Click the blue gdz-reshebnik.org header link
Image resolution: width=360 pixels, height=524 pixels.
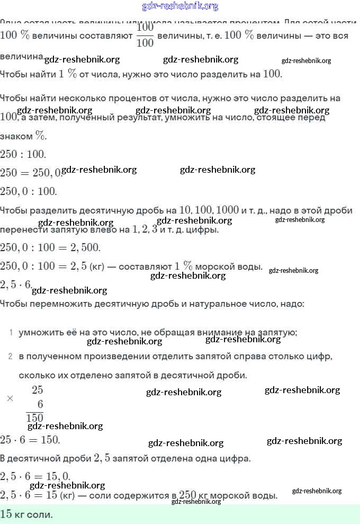180,6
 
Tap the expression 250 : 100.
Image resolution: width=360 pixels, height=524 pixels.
23,155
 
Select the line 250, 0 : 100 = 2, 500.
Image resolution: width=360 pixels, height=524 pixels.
50,247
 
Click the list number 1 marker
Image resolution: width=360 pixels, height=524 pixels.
11,333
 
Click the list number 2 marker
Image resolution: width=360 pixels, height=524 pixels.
11,356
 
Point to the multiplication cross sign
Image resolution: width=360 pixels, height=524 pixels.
10,398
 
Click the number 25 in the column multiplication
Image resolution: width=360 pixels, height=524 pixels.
37,390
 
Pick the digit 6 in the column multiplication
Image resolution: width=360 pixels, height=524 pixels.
40,404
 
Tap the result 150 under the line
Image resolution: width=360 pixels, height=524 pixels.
35,418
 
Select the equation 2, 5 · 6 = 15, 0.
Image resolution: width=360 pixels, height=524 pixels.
35,476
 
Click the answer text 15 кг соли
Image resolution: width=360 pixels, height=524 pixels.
27,514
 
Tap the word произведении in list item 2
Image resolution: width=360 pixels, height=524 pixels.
92,356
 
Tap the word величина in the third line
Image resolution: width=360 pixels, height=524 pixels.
22,56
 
